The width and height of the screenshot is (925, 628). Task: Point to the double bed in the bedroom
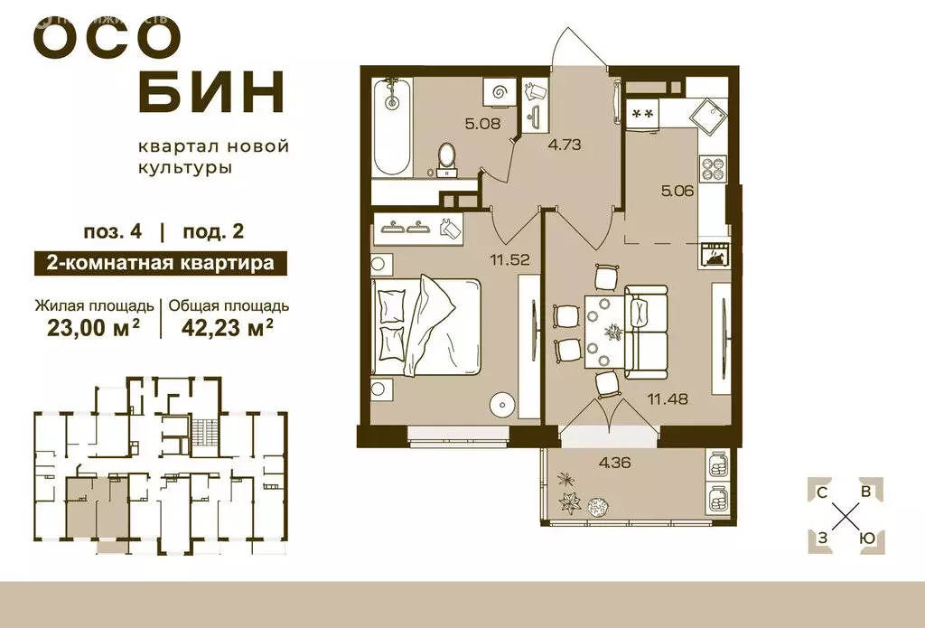[425, 325]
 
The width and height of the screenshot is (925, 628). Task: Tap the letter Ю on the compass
[866, 538]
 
